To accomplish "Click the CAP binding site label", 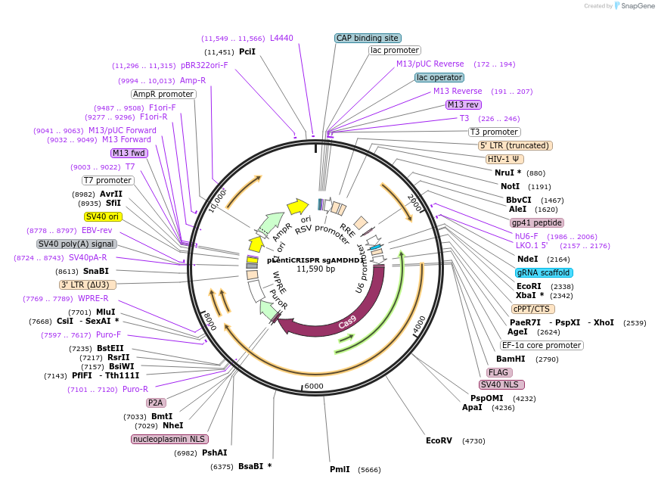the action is coord(368,38).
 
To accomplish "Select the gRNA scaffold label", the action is coord(544,272).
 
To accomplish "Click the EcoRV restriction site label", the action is coord(439,440).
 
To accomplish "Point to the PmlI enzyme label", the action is coord(340,469).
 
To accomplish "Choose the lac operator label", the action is coord(439,77).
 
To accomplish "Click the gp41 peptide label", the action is coord(537,222).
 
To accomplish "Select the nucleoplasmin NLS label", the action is coord(169,439).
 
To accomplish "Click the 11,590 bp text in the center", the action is coord(315,269).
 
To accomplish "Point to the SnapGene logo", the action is coord(632,6).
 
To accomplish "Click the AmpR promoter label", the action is coord(163,94).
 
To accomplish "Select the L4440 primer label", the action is coord(281,38).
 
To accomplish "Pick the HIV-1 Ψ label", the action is coord(504,159).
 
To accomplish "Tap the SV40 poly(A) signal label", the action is coord(76,244).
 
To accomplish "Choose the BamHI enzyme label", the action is coord(505,359).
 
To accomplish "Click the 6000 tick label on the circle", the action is coord(313,386).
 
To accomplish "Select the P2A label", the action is coord(156,403).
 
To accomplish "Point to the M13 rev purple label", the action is coord(463,104).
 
